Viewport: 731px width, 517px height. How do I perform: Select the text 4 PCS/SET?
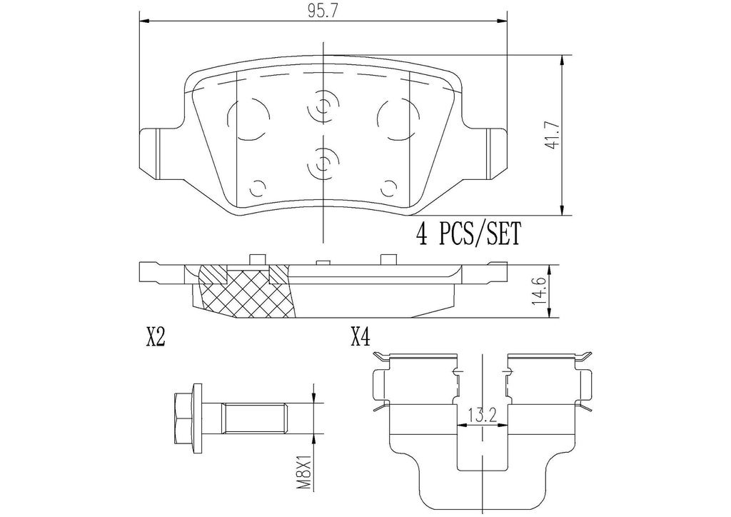(x=468, y=234)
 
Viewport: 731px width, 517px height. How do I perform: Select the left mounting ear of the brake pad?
(x=151, y=154)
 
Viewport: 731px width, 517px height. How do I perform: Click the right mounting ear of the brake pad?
(x=495, y=154)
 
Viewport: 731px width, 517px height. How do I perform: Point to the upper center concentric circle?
(x=323, y=107)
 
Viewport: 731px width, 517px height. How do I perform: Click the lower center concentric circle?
(x=323, y=164)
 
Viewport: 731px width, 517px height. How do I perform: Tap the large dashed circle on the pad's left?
(x=249, y=119)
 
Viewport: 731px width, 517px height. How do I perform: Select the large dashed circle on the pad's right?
(x=399, y=119)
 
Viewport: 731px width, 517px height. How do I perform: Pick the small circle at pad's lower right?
(x=389, y=189)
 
